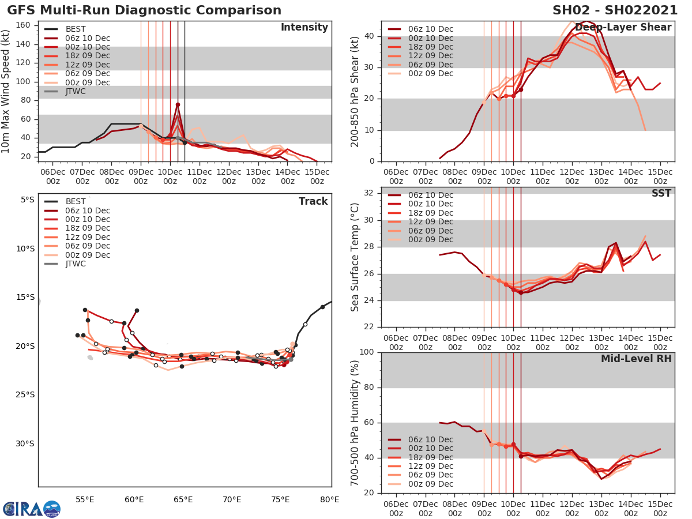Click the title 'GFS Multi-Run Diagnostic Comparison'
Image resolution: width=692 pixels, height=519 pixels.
[144, 10]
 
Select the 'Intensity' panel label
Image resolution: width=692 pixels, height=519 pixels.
[304, 28]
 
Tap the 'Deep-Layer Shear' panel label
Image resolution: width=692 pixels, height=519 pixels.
[623, 28]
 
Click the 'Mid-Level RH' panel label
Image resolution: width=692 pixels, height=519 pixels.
[636, 359]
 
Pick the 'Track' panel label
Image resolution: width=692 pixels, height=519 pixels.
[313, 201]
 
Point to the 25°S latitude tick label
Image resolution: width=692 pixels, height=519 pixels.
[24, 395]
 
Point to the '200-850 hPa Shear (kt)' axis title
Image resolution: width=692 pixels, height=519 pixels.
[355, 91]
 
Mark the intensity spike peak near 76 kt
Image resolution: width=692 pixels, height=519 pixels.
[178, 104]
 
